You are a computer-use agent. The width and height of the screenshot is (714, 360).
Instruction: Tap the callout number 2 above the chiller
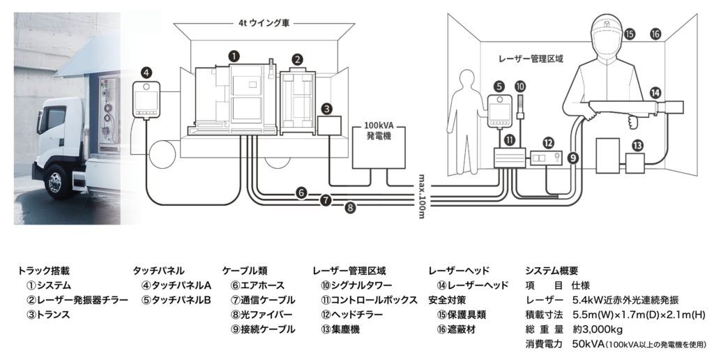[297, 60]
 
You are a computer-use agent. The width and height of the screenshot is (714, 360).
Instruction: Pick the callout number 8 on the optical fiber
[350, 207]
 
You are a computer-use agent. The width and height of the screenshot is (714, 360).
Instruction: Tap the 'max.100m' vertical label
[424, 195]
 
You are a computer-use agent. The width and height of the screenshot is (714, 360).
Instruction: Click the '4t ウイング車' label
[263, 22]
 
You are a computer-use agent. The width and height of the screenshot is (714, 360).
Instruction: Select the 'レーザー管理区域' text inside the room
[529, 60]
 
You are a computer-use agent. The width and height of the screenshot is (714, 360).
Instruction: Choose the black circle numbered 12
[549, 142]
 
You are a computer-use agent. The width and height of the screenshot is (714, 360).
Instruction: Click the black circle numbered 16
[655, 33]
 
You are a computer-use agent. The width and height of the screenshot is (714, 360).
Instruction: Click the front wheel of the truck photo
[55, 181]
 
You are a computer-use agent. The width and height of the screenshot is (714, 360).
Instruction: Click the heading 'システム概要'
[551, 271]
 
